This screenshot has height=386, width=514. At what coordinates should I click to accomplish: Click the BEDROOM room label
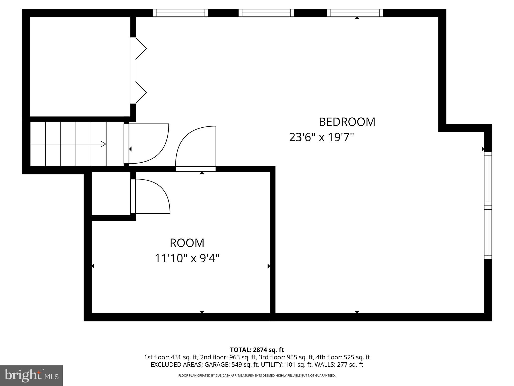(347, 122)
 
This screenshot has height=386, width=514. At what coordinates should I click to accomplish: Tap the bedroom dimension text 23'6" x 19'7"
(322, 137)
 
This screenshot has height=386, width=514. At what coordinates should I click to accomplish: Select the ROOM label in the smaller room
(187, 243)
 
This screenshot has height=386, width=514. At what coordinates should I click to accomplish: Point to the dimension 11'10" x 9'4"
(187, 258)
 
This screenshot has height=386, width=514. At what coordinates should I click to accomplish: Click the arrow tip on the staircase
(103, 144)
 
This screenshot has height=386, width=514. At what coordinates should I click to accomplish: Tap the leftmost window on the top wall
(180, 13)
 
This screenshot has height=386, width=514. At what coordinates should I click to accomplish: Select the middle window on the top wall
(266, 13)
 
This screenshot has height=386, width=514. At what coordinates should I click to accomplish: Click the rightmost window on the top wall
(355, 13)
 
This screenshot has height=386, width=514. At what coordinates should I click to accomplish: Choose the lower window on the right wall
(488, 232)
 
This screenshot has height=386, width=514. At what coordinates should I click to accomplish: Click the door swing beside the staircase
(148, 144)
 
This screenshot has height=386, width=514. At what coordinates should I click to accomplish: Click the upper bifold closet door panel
(141, 49)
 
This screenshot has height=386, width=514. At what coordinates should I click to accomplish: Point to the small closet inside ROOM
(111, 193)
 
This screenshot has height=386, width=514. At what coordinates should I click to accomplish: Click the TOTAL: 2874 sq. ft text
(257, 350)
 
